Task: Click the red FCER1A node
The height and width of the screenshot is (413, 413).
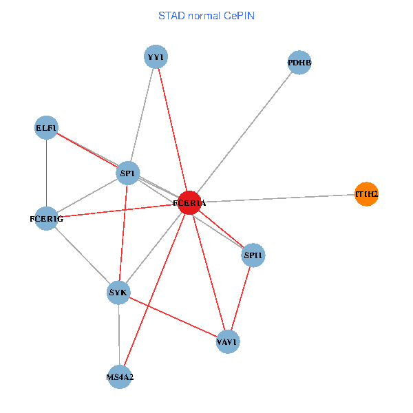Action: point(189,203)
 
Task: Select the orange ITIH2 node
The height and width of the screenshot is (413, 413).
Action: point(366,195)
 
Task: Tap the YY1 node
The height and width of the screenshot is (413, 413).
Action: point(156,56)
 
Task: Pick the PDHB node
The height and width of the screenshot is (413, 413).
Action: point(299,63)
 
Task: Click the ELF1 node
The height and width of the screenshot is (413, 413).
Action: point(46,127)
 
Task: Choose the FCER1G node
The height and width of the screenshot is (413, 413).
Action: point(46,219)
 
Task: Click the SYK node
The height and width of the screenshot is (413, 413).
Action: point(119,293)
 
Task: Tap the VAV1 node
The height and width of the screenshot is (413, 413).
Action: point(228,341)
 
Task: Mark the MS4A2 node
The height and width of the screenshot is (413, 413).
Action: point(120,376)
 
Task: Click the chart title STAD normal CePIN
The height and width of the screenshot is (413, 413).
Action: point(206,15)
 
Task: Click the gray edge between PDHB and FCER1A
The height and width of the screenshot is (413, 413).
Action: point(244,133)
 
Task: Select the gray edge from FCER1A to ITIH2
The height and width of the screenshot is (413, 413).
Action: point(275,199)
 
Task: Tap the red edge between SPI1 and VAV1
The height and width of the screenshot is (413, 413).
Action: point(241,299)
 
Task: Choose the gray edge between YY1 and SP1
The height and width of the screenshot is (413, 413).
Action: point(142,114)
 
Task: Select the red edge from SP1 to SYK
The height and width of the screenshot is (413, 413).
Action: point(124,232)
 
